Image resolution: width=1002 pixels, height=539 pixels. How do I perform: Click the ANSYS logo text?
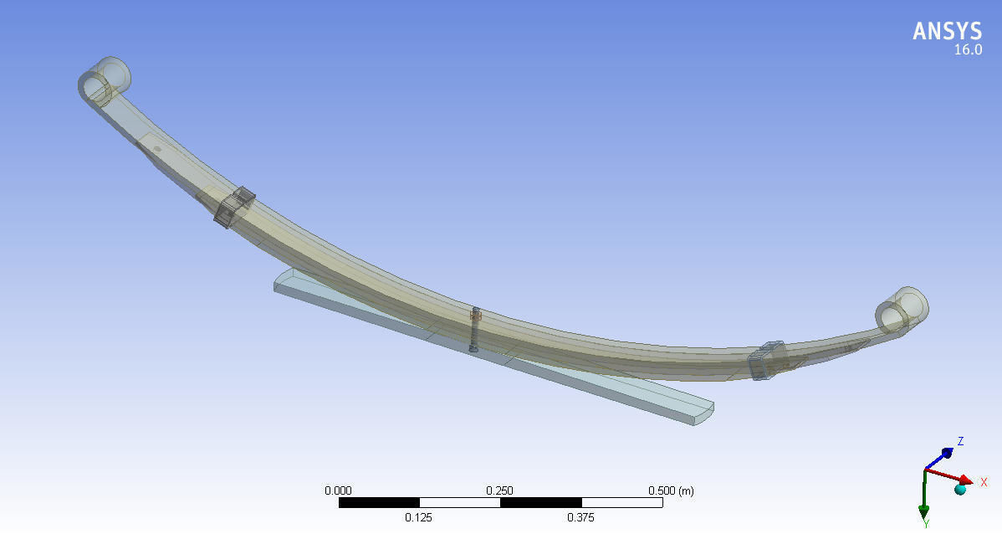[x=947, y=32]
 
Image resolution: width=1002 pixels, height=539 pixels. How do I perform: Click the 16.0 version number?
[x=968, y=50]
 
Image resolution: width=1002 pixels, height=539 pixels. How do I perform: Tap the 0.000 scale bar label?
[x=339, y=490]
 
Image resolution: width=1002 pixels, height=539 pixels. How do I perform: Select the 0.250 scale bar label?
[x=500, y=490]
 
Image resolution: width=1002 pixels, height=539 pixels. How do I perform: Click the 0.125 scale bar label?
[x=419, y=518]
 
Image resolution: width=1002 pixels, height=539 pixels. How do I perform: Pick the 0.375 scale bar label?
[x=580, y=518]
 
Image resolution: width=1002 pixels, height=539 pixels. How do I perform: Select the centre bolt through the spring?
[x=474, y=329]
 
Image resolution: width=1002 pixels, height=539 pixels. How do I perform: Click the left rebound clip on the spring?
[x=234, y=207]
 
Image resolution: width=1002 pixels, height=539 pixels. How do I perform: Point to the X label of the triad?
[x=984, y=483]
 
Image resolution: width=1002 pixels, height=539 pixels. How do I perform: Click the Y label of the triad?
[x=927, y=524]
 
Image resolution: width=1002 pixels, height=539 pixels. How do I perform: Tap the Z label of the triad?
[x=961, y=441]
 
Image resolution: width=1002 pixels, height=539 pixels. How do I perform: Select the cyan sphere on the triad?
[x=960, y=489]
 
